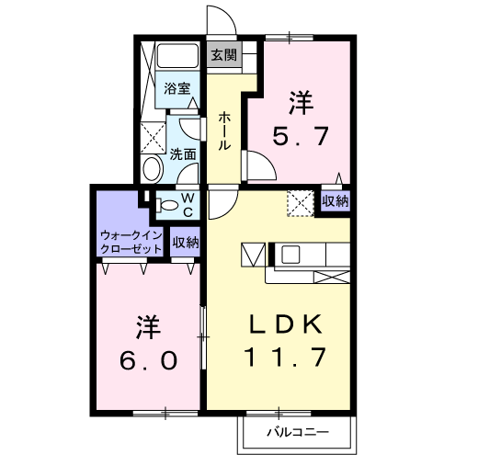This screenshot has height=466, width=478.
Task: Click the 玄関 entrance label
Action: tap(223, 54)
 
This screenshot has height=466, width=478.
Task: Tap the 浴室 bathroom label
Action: tap(177, 88)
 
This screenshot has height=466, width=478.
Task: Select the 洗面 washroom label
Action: tap(182, 154)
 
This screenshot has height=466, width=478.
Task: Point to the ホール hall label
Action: tap(223, 131)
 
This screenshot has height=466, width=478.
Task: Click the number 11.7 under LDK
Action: tap(286, 358)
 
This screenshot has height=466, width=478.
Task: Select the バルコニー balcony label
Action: tap(296, 432)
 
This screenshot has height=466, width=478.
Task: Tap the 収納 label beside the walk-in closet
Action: tap(186, 243)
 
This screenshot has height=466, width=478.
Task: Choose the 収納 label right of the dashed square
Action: tap(336, 200)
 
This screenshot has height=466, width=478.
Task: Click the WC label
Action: tap(186, 205)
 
